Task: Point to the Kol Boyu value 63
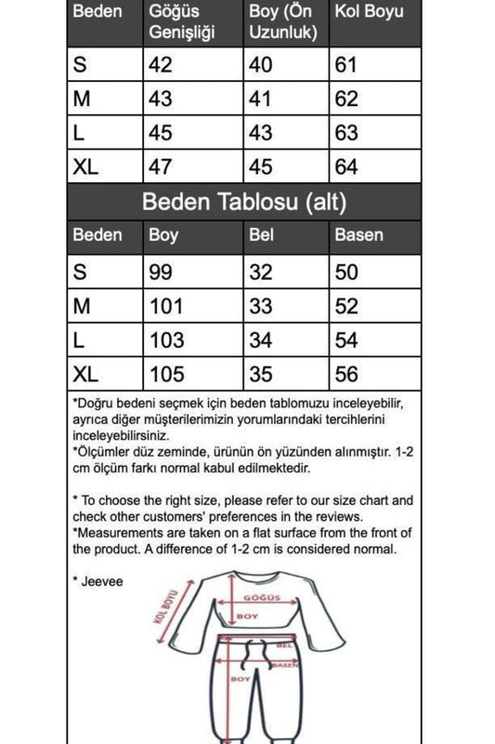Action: point(346,134)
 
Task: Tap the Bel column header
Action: point(262,235)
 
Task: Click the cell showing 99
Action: point(162,272)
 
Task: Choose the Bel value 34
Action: point(263,340)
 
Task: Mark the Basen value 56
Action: point(346,374)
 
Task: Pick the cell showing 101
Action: point(166,306)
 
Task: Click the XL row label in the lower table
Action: point(85,374)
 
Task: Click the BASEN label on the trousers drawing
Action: point(287,664)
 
